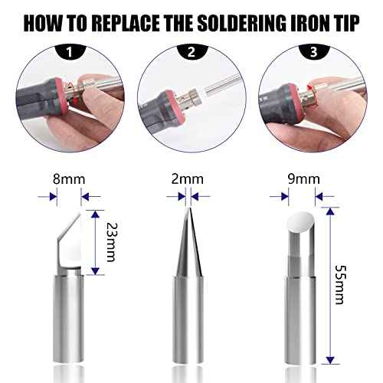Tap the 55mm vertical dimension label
coord(342,282)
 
